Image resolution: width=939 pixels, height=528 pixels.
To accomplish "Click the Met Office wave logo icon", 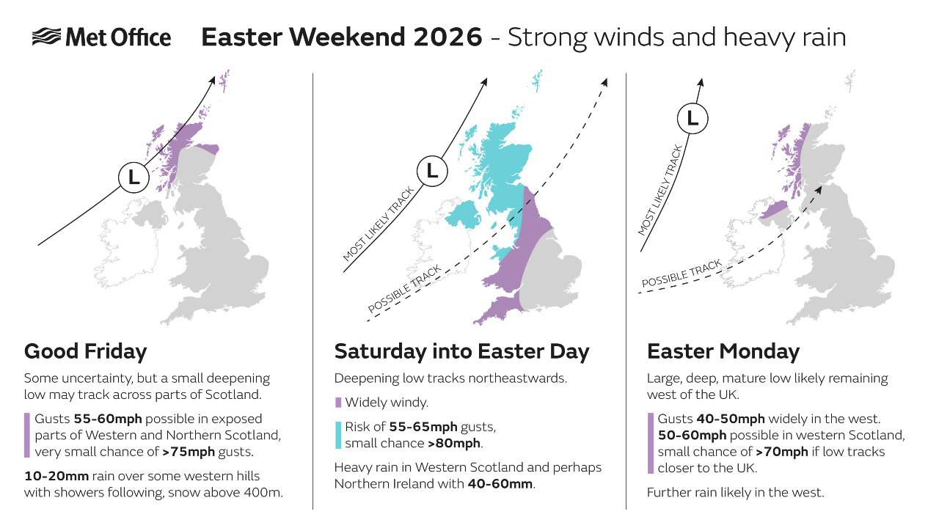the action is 46,37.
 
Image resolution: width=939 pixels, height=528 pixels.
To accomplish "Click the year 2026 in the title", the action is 447,37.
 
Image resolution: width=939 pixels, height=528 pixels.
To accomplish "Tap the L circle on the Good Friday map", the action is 134,177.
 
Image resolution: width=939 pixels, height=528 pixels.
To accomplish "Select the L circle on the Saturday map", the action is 432,171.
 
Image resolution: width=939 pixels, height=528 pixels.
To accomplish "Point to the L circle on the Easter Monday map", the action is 693,118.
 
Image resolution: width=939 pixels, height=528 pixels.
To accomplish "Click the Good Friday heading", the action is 86,351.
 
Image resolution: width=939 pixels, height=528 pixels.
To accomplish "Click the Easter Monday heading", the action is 723,351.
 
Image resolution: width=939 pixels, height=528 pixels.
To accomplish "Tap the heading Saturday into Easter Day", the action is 461,351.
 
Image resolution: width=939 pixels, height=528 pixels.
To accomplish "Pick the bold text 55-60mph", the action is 108,419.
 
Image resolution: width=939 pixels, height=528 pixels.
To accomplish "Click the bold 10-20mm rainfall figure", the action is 56,476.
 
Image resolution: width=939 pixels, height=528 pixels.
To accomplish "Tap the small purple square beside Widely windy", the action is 338,403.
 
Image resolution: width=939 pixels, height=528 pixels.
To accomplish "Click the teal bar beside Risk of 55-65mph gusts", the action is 338,435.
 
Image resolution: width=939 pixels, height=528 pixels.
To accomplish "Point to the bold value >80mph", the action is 454,444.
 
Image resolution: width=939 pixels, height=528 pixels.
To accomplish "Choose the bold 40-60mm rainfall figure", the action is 500,484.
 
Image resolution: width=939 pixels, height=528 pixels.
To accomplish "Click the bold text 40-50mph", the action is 731,419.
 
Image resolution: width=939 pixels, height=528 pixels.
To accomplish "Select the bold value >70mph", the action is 782,452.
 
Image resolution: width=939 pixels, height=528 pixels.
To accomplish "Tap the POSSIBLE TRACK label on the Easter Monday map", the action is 682,274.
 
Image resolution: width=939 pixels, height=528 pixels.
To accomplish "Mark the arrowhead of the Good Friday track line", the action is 213,80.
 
